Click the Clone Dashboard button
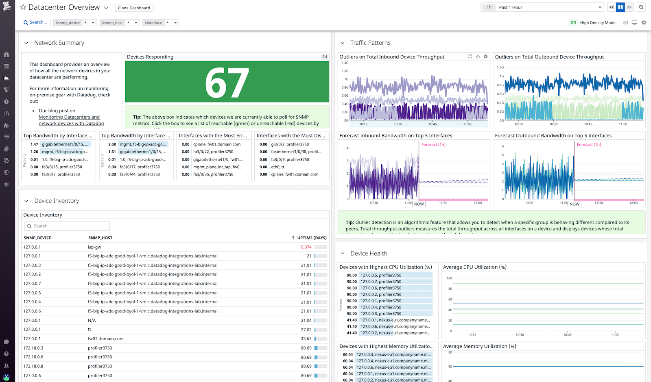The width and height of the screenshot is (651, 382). (x=134, y=8)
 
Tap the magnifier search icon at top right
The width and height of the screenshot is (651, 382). (x=641, y=7)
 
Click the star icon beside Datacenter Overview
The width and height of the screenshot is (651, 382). (x=23, y=7)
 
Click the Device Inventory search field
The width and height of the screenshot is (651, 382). (x=67, y=226)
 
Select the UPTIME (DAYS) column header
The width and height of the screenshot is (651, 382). (x=311, y=238)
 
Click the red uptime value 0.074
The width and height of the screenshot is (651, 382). (x=306, y=247)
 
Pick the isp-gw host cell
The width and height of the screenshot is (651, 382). (x=94, y=247)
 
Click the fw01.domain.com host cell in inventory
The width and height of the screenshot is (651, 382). (x=106, y=339)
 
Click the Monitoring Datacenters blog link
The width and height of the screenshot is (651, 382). (x=69, y=117)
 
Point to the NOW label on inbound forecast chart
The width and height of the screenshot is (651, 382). (x=419, y=204)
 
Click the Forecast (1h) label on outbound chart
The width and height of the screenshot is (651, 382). (x=589, y=145)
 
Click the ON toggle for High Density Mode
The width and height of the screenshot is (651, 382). (x=573, y=23)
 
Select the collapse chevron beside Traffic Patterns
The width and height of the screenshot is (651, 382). (x=343, y=43)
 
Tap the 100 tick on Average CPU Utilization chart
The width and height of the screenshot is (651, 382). (x=449, y=278)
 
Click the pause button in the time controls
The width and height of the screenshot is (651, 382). (x=620, y=7)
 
